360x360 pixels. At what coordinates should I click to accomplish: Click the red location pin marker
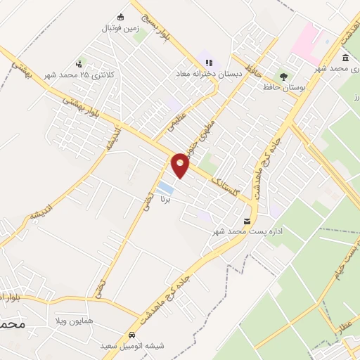181,165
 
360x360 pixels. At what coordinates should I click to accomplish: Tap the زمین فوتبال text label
120,30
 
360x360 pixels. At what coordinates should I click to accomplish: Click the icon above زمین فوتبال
121,18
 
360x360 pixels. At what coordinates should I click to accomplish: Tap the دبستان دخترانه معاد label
209,72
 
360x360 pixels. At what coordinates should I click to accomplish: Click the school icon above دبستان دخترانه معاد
209,62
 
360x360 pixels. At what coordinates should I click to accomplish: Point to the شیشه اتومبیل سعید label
131,346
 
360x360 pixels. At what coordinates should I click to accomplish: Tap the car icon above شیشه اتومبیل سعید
131,335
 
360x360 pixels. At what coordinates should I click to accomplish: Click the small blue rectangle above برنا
166,188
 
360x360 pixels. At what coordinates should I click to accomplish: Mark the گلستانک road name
224,181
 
